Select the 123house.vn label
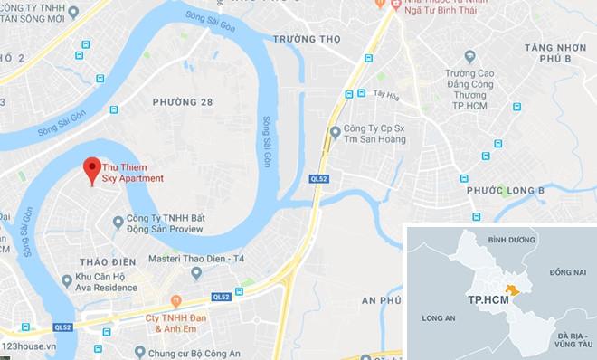point(37,350)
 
